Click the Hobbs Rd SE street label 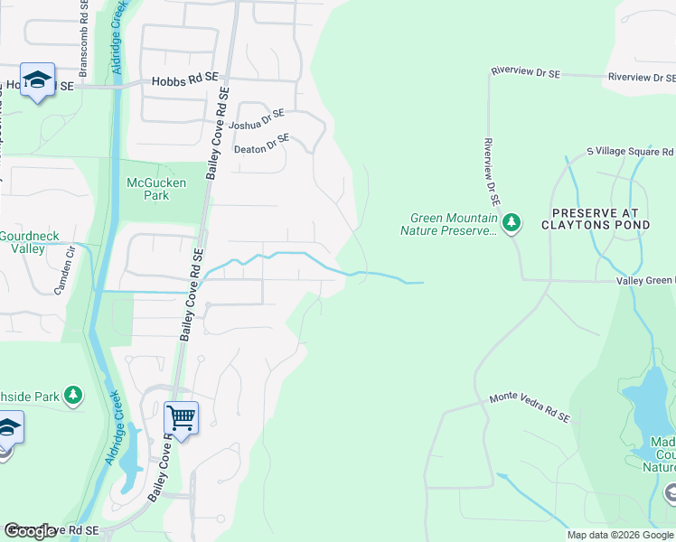click(x=185, y=80)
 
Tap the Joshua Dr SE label click(x=257, y=119)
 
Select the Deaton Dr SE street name click(x=261, y=144)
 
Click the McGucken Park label click(x=155, y=189)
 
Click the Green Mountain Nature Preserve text click(x=453, y=224)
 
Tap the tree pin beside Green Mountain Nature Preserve click(x=512, y=221)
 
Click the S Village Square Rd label click(x=630, y=152)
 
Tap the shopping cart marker click(x=182, y=418)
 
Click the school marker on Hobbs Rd click(x=37, y=81)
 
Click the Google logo click(x=30, y=531)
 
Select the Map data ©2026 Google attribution click(x=619, y=535)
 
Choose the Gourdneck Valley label click(x=29, y=242)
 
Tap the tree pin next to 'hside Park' click(x=73, y=396)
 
